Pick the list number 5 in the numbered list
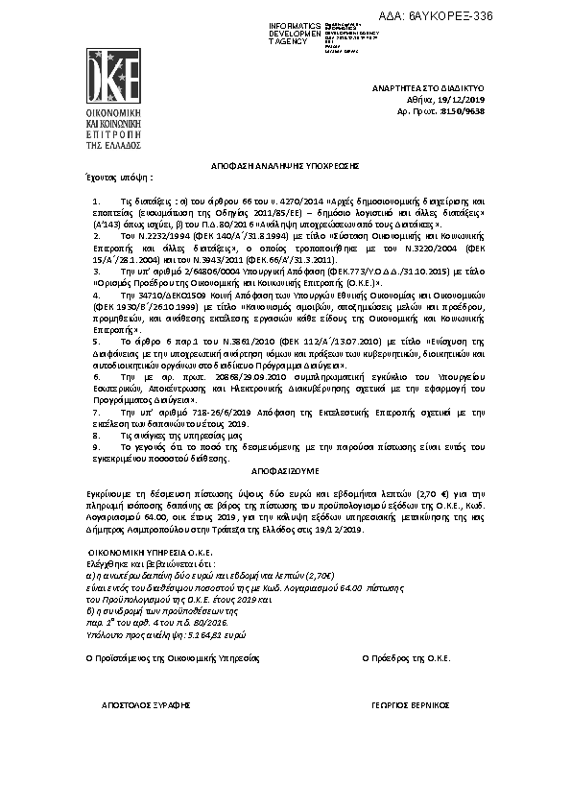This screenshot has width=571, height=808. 95,341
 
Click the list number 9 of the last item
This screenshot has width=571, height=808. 95,447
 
